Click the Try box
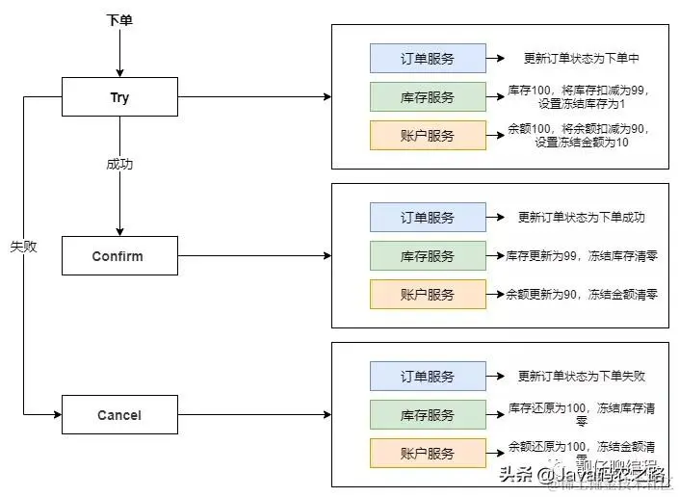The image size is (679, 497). (119, 97)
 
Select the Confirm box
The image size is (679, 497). (119, 256)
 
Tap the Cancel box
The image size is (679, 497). (119, 415)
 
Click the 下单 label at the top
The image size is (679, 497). (119, 19)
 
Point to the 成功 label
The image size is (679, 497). (119, 164)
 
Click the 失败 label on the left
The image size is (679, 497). (23, 247)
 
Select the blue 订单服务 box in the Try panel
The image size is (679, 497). (428, 59)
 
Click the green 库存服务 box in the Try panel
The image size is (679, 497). (428, 96)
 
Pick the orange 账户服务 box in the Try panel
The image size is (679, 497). (428, 135)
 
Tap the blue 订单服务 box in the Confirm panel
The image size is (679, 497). (428, 218)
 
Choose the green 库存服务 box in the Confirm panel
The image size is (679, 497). (428, 255)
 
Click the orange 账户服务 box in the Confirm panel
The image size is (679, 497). (428, 294)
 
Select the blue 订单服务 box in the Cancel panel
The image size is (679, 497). (428, 377)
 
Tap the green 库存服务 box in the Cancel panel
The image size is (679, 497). (428, 414)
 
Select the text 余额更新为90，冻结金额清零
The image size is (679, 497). (582, 294)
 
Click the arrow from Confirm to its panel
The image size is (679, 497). (254, 256)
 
